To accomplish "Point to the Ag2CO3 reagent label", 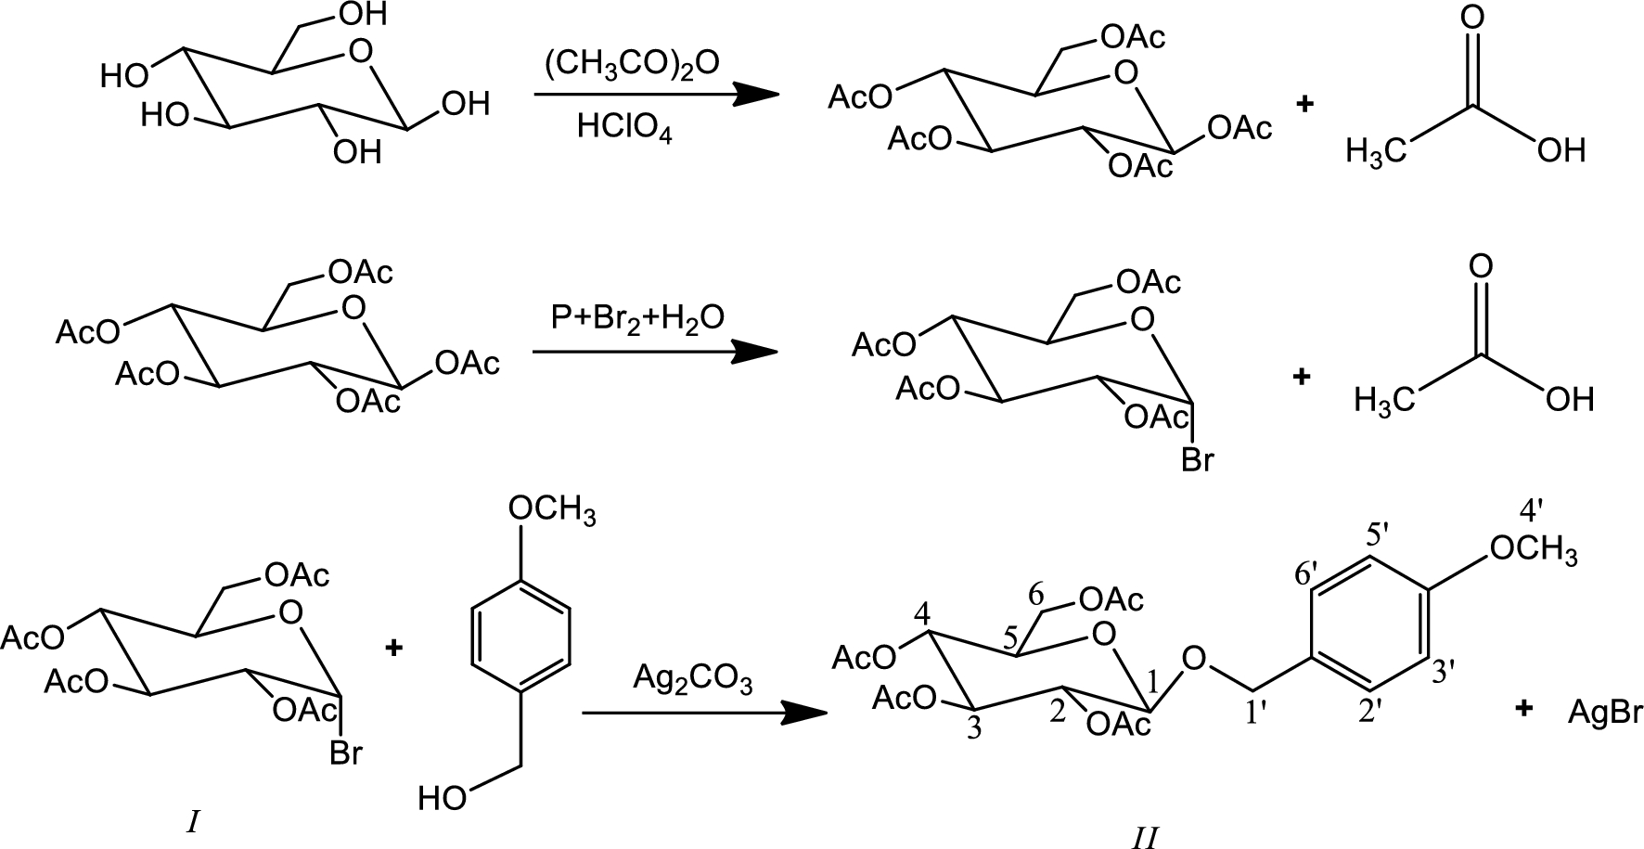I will click(x=693, y=679).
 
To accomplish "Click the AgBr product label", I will click(x=1605, y=713).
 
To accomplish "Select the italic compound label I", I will click(x=194, y=822).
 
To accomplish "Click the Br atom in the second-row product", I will click(x=1197, y=459).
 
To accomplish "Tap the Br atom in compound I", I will click(x=345, y=753).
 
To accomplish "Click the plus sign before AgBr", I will click(x=1522, y=710).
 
